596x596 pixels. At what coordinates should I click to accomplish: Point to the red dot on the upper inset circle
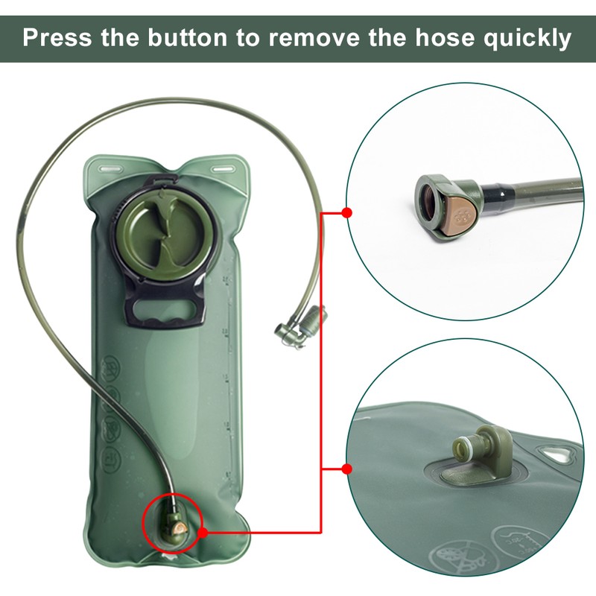coord(346,212)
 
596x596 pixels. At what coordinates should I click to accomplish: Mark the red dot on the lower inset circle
coord(346,469)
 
